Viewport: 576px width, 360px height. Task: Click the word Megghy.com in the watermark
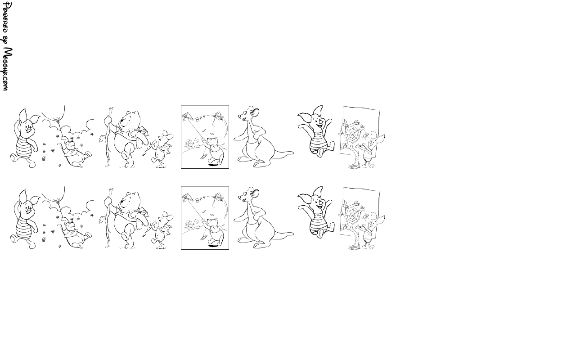point(8,69)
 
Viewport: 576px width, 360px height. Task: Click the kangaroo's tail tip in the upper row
point(292,153)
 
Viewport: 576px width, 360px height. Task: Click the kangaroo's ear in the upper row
point(255,112)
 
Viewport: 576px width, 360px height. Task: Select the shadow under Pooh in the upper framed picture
point(212,165)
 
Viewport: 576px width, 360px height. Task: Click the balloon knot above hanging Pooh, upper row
point(59,119)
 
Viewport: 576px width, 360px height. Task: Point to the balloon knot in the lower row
point(59,200)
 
